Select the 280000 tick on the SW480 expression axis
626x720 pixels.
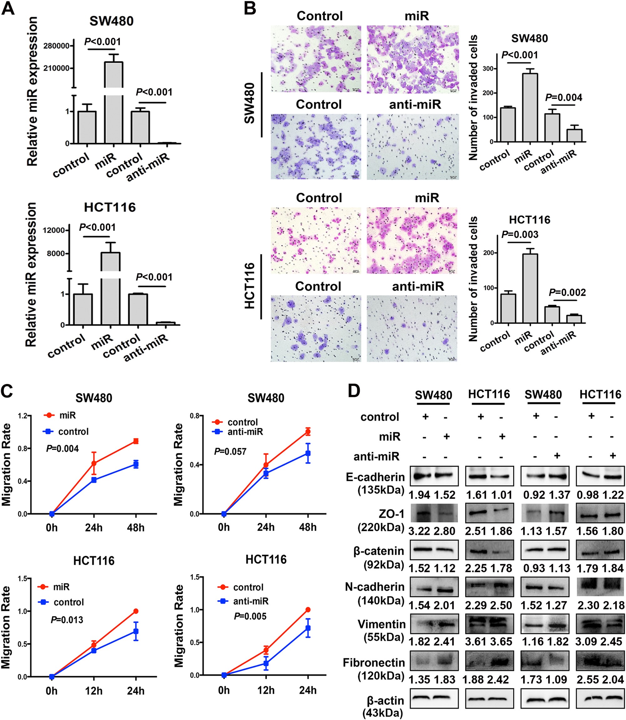pyautogui.click(x=56, y=46)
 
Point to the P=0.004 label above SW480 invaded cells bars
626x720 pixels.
pyautogui.click(x=563, y=97)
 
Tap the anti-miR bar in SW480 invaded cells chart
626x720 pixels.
pyautogui.click(x=574, y=135)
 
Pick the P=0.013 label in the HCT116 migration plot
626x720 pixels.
pyautogui.click(x=67, y=620)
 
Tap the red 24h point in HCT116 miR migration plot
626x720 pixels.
pyautogui.click(x=136, y=611)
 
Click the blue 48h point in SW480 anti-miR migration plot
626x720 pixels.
pyautogui.click(x=308, y=453)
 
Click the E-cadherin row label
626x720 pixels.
pyautogui.click(x=375, y=477)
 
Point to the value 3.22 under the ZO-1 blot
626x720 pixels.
pyautogui.click(x=419, y=531)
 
